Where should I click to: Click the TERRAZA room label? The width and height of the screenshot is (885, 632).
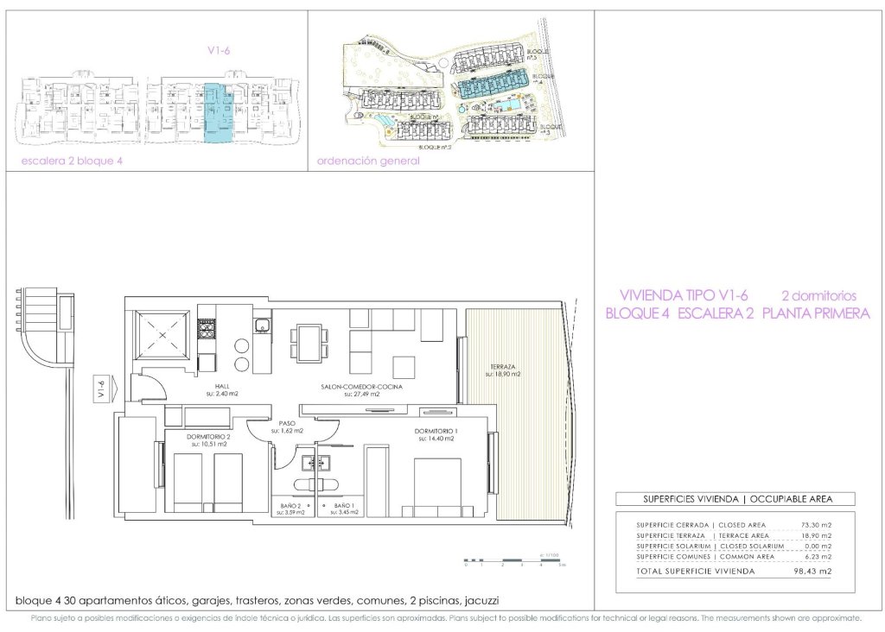(x=501, y=370)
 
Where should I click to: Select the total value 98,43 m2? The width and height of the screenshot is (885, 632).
(x=812, y=571)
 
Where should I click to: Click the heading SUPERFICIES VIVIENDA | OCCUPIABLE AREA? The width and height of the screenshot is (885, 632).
(x=735, y=499)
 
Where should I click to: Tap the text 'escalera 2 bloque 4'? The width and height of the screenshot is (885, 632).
(x=72, y=161)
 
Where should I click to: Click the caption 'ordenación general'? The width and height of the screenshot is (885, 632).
(x=368, y=161)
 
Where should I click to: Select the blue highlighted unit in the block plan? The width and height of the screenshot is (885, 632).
(x=218, y=113)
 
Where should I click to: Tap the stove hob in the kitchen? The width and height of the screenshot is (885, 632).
(x=207, y=329)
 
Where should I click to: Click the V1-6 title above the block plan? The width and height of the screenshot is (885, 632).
(x=219, y=50)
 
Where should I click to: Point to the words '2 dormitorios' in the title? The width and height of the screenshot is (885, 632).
(x=818, y=294)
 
